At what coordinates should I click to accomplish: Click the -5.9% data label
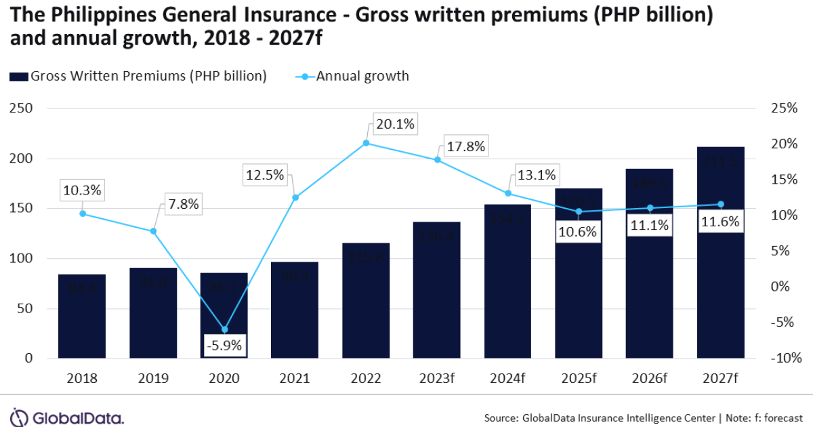pyautogui.click(x=224, y=345)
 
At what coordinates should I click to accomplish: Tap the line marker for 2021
pyautogui.click(x=295, y=197)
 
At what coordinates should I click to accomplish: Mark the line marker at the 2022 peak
pyautogui.click(x=366, y=143)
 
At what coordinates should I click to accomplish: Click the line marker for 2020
pyautogui.click(x=224, y=329)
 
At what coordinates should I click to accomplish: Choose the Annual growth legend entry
pyautogui.click(x=352, y=76)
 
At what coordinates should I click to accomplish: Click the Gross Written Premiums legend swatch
pyautogui.click(x=18, y=77)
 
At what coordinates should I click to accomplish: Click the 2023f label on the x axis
pyautogui.click(x=436, y=378)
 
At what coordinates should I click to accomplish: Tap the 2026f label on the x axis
pyautogui.click(x=649, y=378)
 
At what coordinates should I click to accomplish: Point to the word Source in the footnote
pyautogui.click(x=501, y=417)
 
